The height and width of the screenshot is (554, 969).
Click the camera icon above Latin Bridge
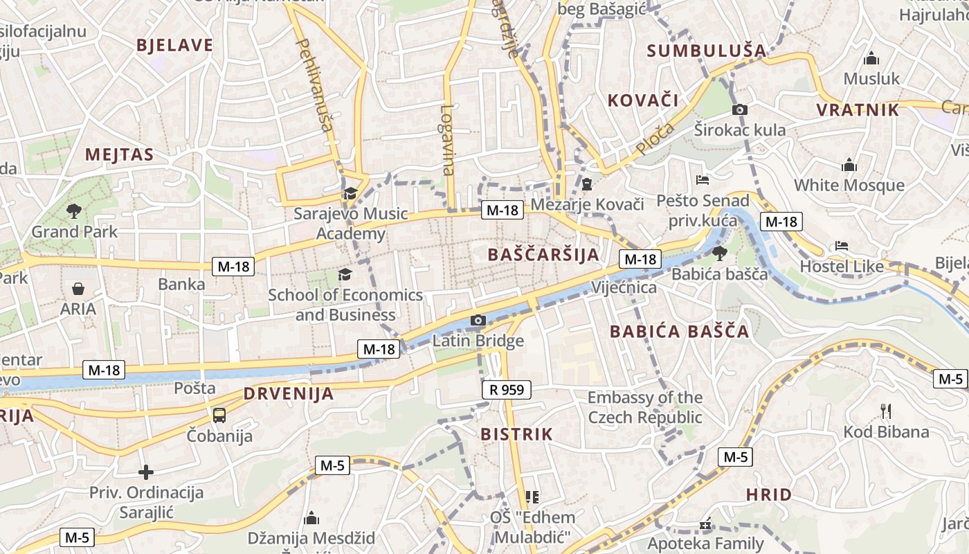(x=478, y=320)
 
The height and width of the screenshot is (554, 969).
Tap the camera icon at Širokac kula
(x=739, y=109)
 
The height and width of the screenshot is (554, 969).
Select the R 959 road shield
(x=507, y=390)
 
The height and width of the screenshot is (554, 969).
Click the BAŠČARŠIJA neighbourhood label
(x=543, y=254)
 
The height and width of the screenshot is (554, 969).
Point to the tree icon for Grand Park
(x=74, y=211)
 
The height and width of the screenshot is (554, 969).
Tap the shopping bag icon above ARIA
(x=78, y=288)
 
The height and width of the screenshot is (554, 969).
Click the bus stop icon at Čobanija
(x=219, y=415)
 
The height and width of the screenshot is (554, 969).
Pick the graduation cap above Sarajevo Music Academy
(x=350, y=193)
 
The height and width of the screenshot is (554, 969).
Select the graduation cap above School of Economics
(x=345, y=274)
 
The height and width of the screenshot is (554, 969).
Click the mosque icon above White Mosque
(x=849, y=165)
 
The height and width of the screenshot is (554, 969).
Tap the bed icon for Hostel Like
(x=842, y=246)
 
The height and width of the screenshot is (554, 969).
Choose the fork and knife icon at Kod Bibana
(x=886, y=411)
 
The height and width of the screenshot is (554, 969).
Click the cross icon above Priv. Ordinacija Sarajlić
(x=146, y=472)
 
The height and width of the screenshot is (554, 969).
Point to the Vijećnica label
(x=624, y=287)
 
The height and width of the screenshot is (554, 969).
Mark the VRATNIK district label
(x=858, y=109)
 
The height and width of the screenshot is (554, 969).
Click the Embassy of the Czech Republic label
(x=645, y=407)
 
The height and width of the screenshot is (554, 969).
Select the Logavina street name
(x=448, y=140)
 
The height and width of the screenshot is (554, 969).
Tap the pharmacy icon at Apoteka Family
(x=705, y=524)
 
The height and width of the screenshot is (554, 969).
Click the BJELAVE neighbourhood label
(x=174, y=45)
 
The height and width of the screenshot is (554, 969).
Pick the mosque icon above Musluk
(x=871, y=58)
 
